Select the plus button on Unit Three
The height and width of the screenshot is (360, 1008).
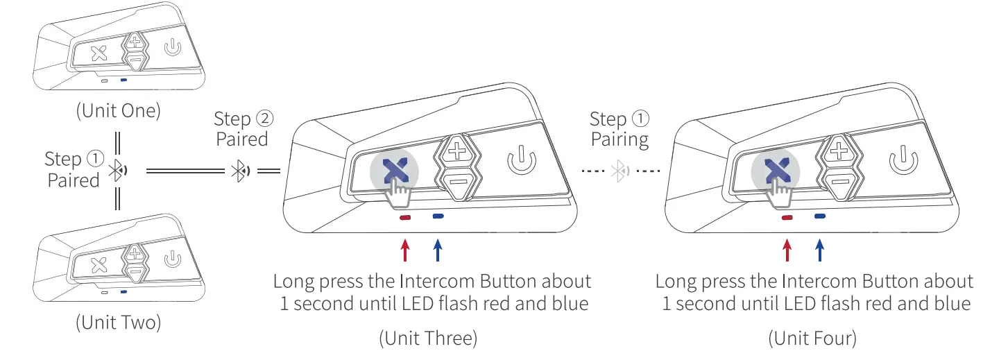(x=456, y=151)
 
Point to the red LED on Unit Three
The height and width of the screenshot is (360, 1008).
(x=404, y=217)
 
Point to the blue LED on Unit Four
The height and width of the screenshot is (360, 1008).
(x=820, y=216)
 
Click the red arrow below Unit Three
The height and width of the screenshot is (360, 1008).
(x=404, y=250)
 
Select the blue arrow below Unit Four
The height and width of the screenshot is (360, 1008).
(x=820, y=250)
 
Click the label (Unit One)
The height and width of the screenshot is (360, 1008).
(x=118, y=111)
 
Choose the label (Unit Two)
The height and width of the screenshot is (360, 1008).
(x=118, y=323)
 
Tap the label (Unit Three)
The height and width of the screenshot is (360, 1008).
(x=428, y=338)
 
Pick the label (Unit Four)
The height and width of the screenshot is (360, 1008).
(x=812, y=338)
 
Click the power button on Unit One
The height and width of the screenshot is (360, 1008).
(x=172, y=49)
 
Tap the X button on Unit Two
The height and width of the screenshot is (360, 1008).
(x=99, y=263)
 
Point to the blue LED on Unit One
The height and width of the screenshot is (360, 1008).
(x=123, y=80)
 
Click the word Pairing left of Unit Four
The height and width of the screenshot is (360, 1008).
(x=619, y=139)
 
